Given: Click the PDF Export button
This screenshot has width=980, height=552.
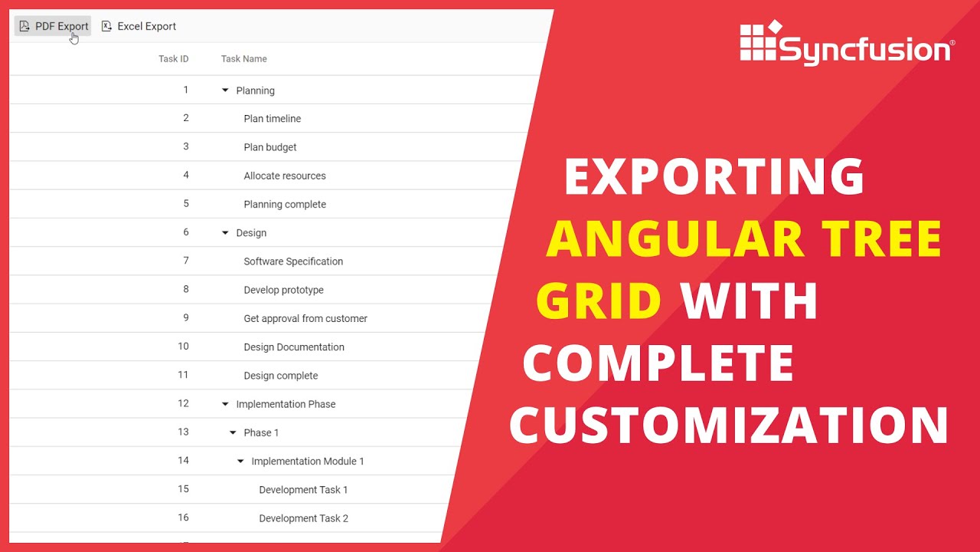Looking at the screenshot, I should coord(54,26).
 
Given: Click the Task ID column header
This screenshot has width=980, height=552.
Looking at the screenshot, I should coord(173,59).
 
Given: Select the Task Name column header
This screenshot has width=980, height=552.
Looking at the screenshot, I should coord(243,59).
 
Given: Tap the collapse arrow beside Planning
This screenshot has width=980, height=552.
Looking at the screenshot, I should coord(225,90).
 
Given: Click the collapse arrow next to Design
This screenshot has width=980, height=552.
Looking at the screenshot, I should coord(225,233).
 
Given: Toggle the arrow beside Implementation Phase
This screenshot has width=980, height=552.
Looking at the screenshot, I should coord(225,404).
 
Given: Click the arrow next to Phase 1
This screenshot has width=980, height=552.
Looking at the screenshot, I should coord(233,432).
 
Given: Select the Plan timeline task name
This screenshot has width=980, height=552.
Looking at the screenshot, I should coord(272,119).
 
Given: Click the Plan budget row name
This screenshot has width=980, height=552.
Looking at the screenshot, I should coord(269,147).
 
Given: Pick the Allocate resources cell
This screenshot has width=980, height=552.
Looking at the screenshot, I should coord(284,176).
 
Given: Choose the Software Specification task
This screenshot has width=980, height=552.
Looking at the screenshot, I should coord(292,261).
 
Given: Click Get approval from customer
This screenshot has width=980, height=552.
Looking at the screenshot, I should coord(305,318).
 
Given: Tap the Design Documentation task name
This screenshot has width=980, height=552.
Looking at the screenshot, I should coord(293,347).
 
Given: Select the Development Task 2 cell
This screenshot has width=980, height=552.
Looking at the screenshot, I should coord(303,518).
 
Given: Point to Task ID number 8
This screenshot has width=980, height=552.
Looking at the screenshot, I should coord(185,289).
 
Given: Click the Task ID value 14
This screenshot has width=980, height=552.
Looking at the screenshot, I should coord(183,460).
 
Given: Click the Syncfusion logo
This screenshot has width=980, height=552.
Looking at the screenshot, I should coord(847,44).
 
